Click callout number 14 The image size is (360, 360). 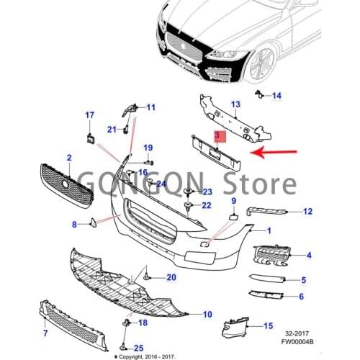(x=277, y=96)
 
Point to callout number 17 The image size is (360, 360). (x=90, y=115)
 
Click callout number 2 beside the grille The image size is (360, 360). (x=69, y=157)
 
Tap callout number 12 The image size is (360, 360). (x=307, y=212)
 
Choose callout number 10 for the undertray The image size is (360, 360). (x=207, y=314)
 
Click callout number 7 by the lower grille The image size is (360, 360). (x=45, y=333)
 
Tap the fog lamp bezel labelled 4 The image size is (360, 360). (x=271, y=256)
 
